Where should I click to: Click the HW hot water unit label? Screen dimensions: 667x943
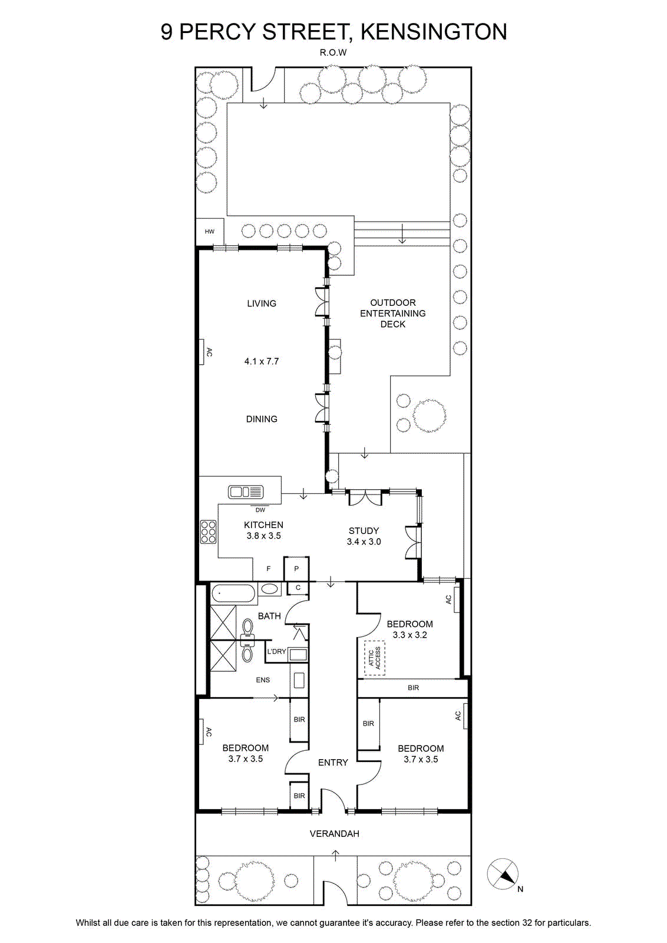[209, 232]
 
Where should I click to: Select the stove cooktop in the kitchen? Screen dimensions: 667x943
[209, 532]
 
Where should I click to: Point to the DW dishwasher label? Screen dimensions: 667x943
[260, 510]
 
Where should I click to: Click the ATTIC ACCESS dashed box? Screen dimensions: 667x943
[375, 658]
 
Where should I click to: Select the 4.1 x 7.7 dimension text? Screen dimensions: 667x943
[262, 361]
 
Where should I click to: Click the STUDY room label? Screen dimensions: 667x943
[364, 531]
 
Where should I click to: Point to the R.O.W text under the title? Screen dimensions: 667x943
[333, 53]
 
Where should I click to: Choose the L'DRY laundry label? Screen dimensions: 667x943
[276, 651]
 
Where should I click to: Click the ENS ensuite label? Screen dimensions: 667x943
[263, 680]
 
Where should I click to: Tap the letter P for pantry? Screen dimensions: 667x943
[296, 569]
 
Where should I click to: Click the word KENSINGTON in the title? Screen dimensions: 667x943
[434, 32]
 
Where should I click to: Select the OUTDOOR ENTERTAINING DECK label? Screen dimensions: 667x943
[392, 313]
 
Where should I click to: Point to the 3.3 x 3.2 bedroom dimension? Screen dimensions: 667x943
[410, 635]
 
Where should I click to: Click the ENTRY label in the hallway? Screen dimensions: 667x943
[333, 763]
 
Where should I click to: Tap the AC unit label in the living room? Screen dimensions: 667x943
[209, 351]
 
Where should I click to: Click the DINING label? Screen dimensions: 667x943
[262, 419]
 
